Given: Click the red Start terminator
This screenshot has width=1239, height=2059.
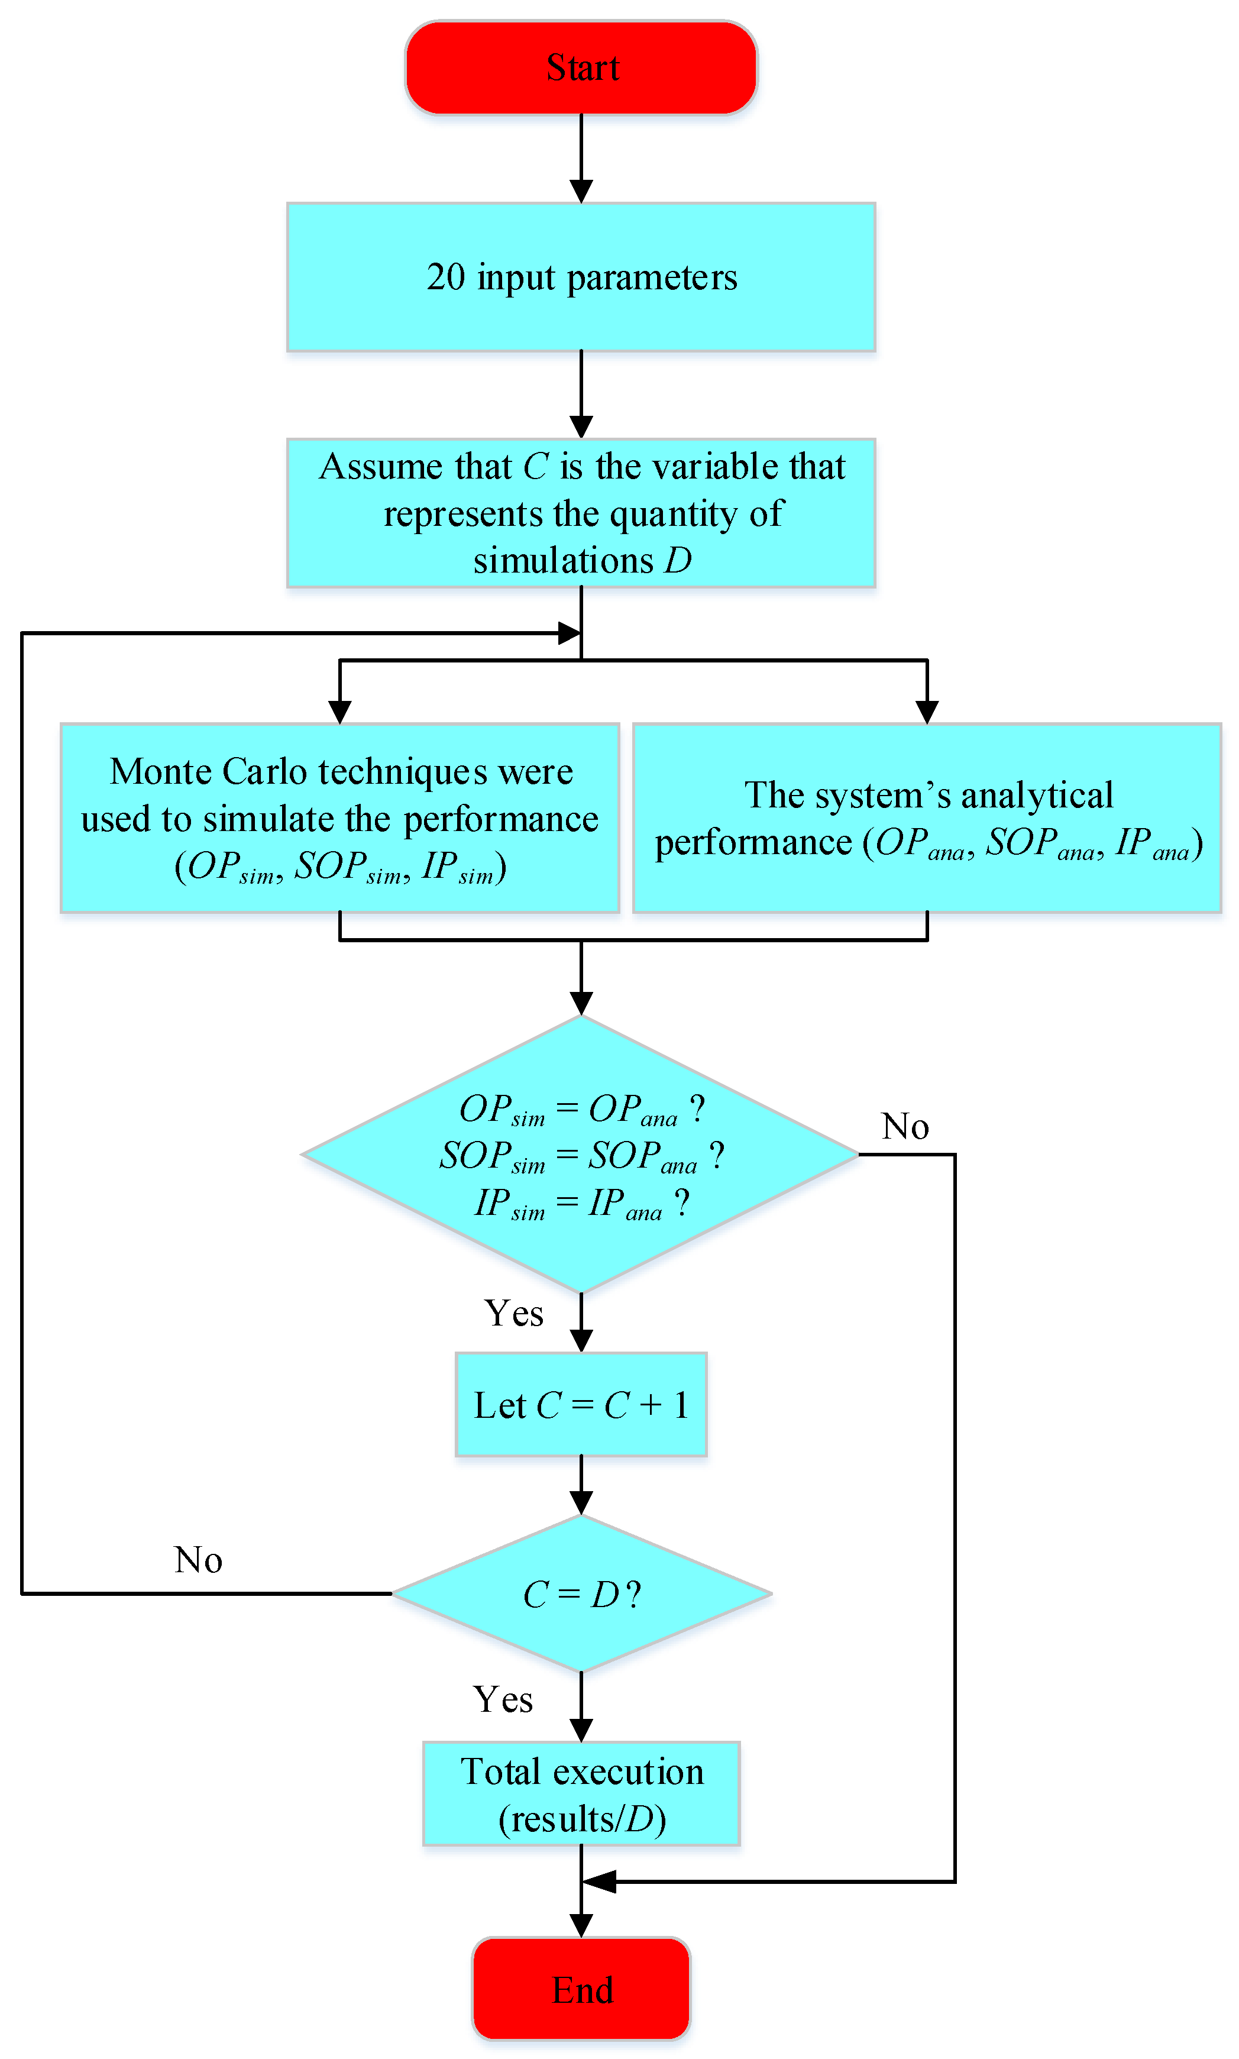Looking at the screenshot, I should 581,67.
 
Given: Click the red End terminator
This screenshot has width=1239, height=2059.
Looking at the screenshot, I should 581,1990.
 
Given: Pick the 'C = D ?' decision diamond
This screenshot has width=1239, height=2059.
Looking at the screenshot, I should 581,1594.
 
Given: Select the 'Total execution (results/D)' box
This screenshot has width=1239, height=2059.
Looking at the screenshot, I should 581,1793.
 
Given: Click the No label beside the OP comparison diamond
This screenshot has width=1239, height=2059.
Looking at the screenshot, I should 905,1126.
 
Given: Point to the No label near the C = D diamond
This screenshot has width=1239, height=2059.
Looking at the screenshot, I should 198,1560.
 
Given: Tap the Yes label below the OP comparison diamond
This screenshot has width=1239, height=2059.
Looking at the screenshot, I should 513,1313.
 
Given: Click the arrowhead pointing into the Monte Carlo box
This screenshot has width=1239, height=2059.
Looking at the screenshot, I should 340,712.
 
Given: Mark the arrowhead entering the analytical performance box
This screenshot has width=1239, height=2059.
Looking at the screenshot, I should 927,712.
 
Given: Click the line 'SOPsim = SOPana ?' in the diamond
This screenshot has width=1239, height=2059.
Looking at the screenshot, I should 581,1156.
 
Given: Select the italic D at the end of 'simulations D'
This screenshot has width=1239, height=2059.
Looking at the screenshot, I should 678,560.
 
